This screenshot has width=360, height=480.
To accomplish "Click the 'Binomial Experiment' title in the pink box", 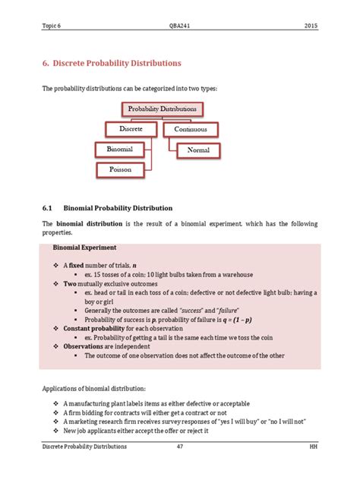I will (x=84, y=248).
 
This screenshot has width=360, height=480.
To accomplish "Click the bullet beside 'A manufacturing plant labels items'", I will (x=56, y=403).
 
